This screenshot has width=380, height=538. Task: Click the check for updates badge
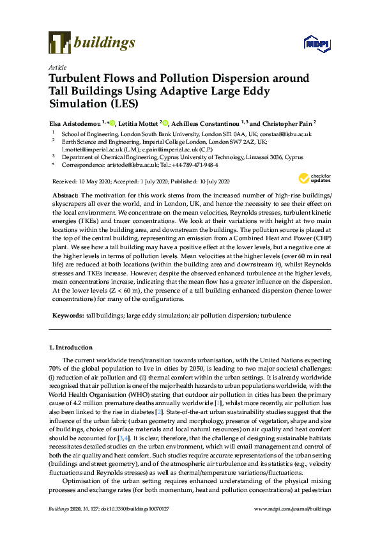tap(312, 178)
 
